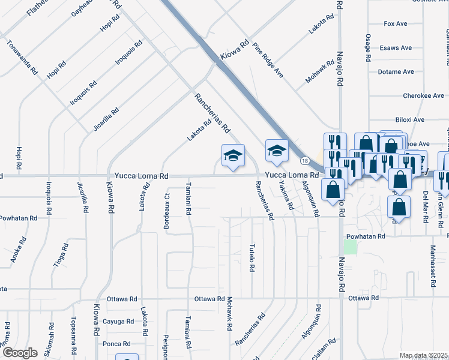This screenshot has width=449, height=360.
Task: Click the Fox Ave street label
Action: [x=396, y=24]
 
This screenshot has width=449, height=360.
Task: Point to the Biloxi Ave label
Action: [x=410, y=120]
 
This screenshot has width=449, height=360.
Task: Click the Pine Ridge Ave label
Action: [x=268, y=60]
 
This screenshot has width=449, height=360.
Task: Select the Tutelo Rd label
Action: [x=252, y=258]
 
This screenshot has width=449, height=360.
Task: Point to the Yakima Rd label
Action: [x=286, y=196]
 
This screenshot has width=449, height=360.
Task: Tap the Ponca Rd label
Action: [x=116, y=344]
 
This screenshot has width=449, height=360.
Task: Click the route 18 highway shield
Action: [x=305, y=161]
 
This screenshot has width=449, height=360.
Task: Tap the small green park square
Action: [x=350, y=247]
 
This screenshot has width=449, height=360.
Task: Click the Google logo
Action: [x=20, y=353]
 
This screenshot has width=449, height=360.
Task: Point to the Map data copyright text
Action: [x=424, y=355]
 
